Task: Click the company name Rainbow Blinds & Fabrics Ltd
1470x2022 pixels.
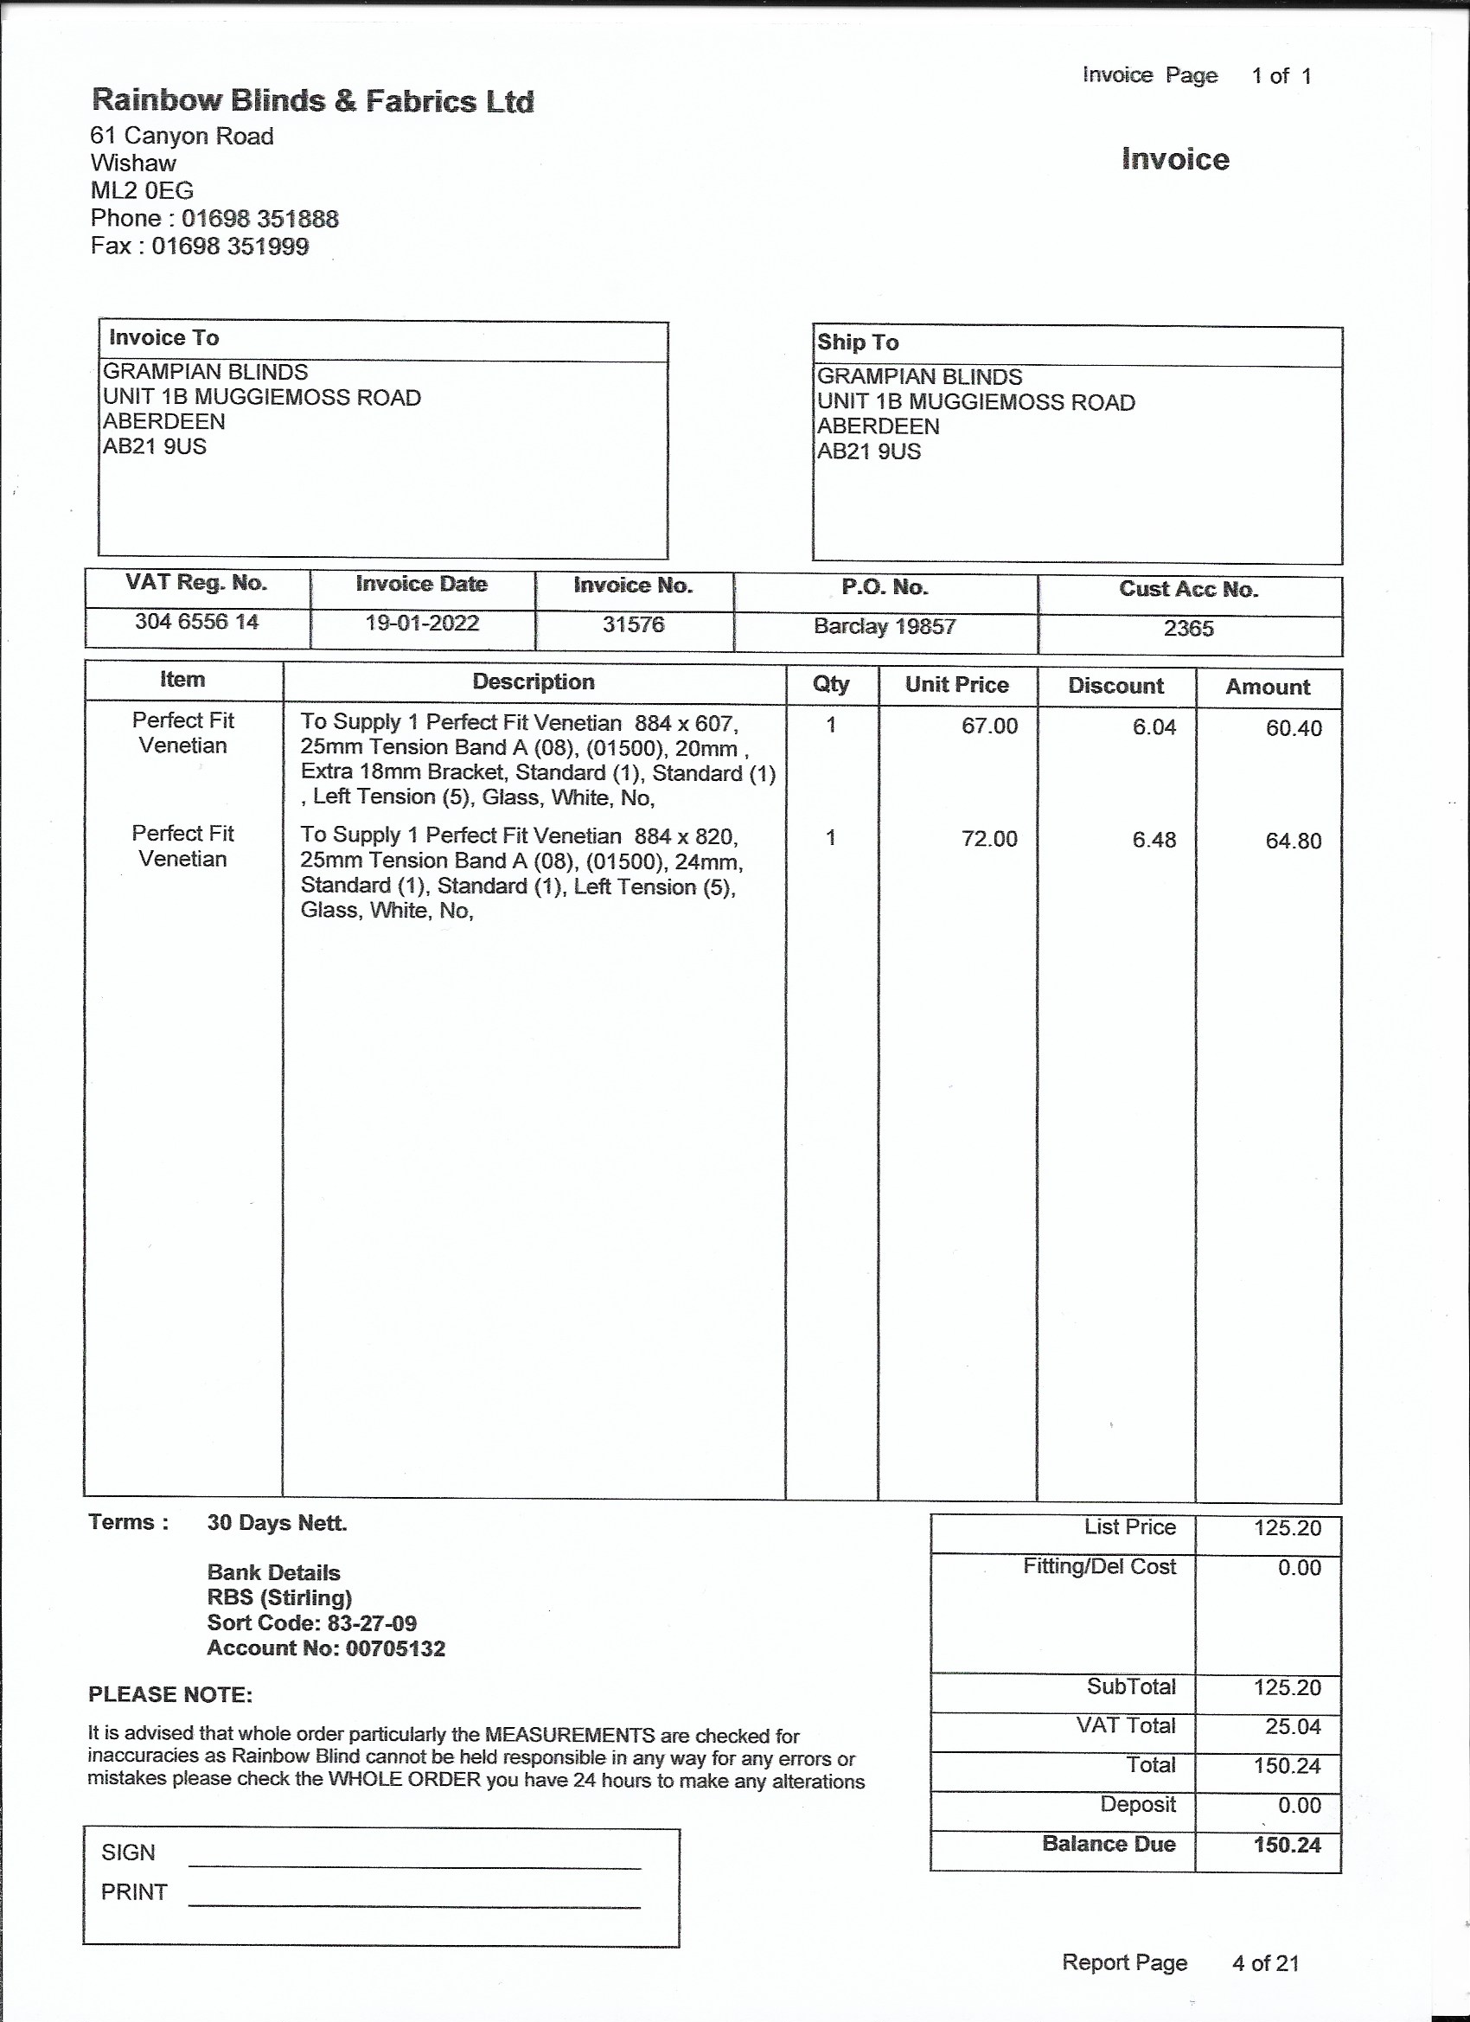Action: tap(312, 100)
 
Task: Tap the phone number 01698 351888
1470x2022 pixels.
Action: tap(259, 219)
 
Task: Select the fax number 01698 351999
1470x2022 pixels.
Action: tap(230, 246)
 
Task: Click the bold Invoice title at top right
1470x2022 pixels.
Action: tap(1175, 160)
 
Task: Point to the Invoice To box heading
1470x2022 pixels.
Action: tap(164, 338)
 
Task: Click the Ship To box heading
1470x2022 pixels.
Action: tap(858, 342)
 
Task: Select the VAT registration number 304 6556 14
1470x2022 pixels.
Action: tap(197, 622)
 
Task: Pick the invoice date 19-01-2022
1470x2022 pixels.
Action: tap(422, 624)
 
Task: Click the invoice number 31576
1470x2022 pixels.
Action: tap(633, 624)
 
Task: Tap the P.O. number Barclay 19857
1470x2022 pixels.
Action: tap(885, 627)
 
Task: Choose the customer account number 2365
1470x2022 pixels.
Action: tap(1188, 629)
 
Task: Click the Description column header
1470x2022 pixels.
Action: tap(533, 682)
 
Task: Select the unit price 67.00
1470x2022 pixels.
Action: tap(988, 726)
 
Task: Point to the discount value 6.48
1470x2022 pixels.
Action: tap(1154, 840)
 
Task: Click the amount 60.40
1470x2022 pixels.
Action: tap(1293, 728)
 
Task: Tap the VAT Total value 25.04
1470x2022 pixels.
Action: tap(1292, 1727)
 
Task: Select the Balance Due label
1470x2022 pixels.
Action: tap(1109, 1845)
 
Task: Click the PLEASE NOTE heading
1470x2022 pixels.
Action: tap(170, 1695)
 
